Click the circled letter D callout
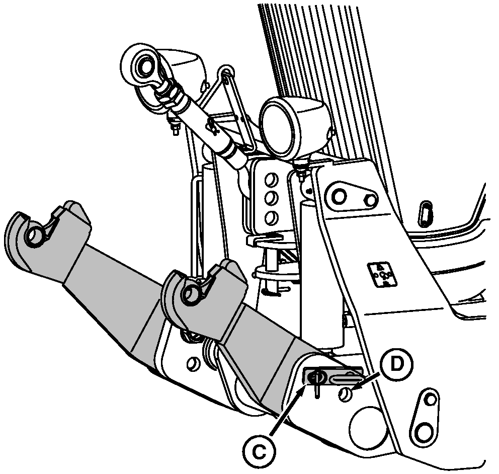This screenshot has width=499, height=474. click(x=397, y=364)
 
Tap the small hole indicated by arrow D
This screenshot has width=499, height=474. click(x=345, y=394)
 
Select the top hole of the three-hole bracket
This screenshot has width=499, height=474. click(x=271, y=180)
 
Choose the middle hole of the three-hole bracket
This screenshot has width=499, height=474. click(x=271, y=198)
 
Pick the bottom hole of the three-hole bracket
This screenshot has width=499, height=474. click(x=271, y=218)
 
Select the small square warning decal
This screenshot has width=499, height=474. click(x=382, y=274)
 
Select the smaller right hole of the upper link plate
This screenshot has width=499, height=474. click(x=370, y=200)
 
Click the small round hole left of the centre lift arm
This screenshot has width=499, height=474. click(x=192, y=364)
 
